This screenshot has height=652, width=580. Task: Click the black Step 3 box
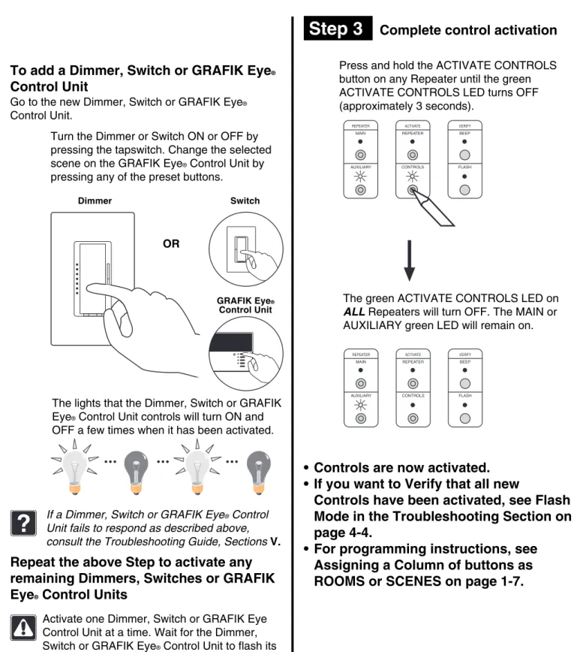point(338,29)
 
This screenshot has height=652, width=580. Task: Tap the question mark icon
point(24,523)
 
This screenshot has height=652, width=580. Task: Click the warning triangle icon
point(23,627)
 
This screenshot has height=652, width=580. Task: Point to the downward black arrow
point(409,261)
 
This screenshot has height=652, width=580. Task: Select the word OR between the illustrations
point(171,243)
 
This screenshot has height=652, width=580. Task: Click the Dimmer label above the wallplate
point(95,201)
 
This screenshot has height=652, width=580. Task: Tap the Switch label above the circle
point(245,201)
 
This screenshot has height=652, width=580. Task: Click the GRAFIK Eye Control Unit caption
point(245,305)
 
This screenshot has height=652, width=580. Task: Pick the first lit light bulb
point(75,467)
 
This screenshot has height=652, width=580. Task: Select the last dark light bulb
point(258,472)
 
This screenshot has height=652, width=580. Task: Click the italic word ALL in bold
point(354,312)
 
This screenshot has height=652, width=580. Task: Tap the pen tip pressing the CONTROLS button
point(413,191)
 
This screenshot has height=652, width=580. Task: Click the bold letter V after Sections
point(275,542)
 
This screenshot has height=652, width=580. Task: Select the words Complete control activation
point(468,30)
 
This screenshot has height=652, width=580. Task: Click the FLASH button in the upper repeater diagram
point(464,190)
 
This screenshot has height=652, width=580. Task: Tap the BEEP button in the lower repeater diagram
point(465,383)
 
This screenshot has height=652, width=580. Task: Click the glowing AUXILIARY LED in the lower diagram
point(361,406)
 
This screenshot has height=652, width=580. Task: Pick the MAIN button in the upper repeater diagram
point(360,155)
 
